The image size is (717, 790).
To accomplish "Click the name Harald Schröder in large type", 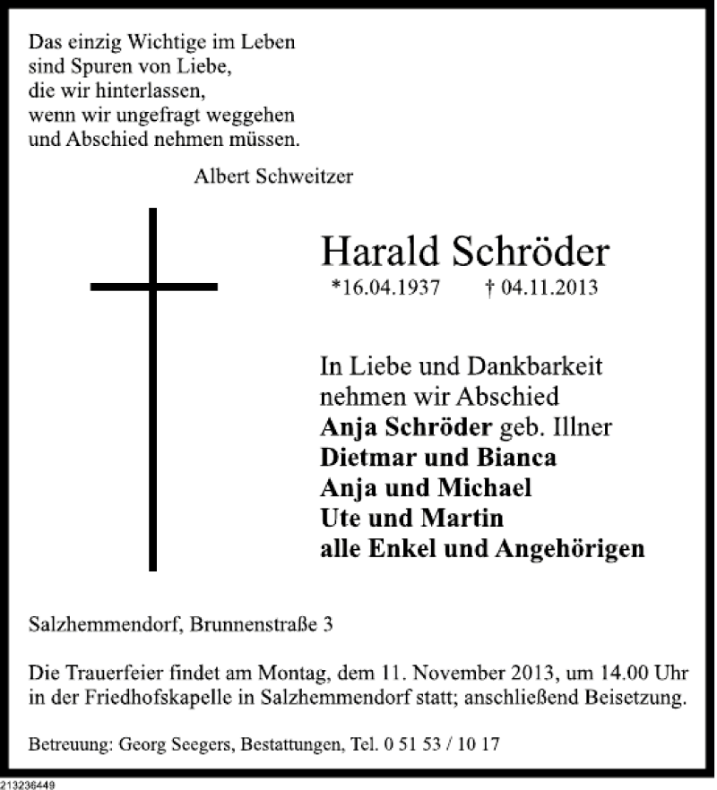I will pyautogui.click(x=464, y=253).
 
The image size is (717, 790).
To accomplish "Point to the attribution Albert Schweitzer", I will pyautogui.click(x=272, y=176).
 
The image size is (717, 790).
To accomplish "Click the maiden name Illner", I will pyautogui.click(x=583, y=426).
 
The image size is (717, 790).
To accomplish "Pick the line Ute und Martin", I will pyautogui.click(x=411, y=518).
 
